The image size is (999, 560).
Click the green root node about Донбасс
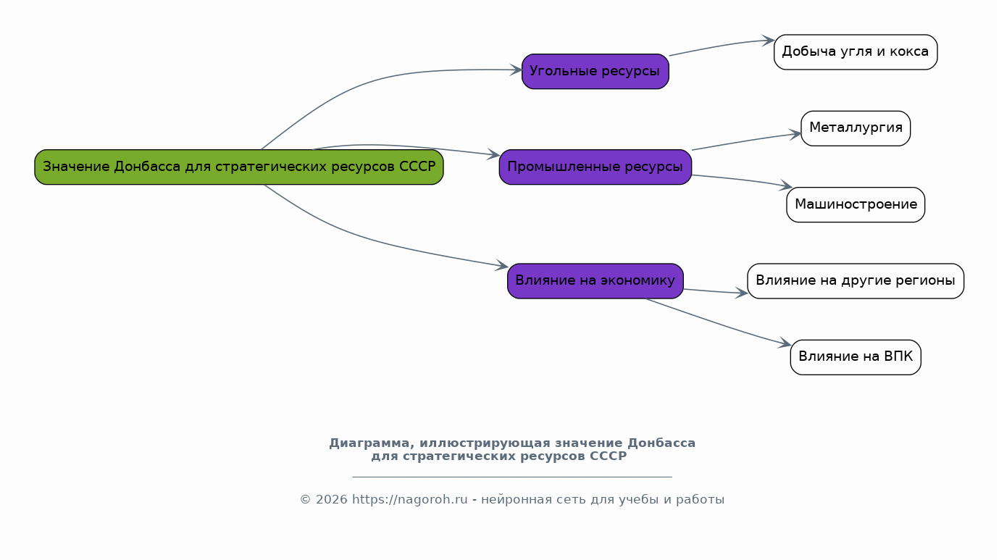pyautogui.click(x=239, y=167)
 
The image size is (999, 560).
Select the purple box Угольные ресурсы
pyautogui.click(x=595, y=71)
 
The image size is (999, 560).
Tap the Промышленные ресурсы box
pyautogui.click(x=595, y=167)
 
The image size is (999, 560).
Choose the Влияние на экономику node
pyautogui.click(x=595, y=281)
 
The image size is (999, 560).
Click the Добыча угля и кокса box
pyautogui.click(x=856, y=52)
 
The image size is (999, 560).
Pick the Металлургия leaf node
pyautogui.click(x=856, y=128)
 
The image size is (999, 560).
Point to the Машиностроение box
pyautogui.click(x=856, y=204)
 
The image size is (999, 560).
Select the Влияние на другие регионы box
pyautogui.click(x=856, y=281)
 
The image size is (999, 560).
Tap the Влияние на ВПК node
pyautogui.click(x=856, y=357)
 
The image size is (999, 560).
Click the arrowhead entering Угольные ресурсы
pyautogui.click(x=516, y=70)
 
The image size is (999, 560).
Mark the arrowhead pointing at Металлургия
pyautogui.click(x=795, y=134)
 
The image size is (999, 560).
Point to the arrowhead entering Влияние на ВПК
pyautogui.click(x=785, y=343)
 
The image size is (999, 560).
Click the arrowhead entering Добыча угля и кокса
pyautogui.click(x=768, y=41)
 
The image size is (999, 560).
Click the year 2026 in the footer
pyautogui.click(x=331, y=500)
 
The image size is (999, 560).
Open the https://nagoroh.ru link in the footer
pyautogui.click(x=410, y=500)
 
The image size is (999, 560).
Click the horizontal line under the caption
pyautogui.click(x=512, y=477)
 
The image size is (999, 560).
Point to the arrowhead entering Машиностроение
pyautogui.click(x=786, y=185)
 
